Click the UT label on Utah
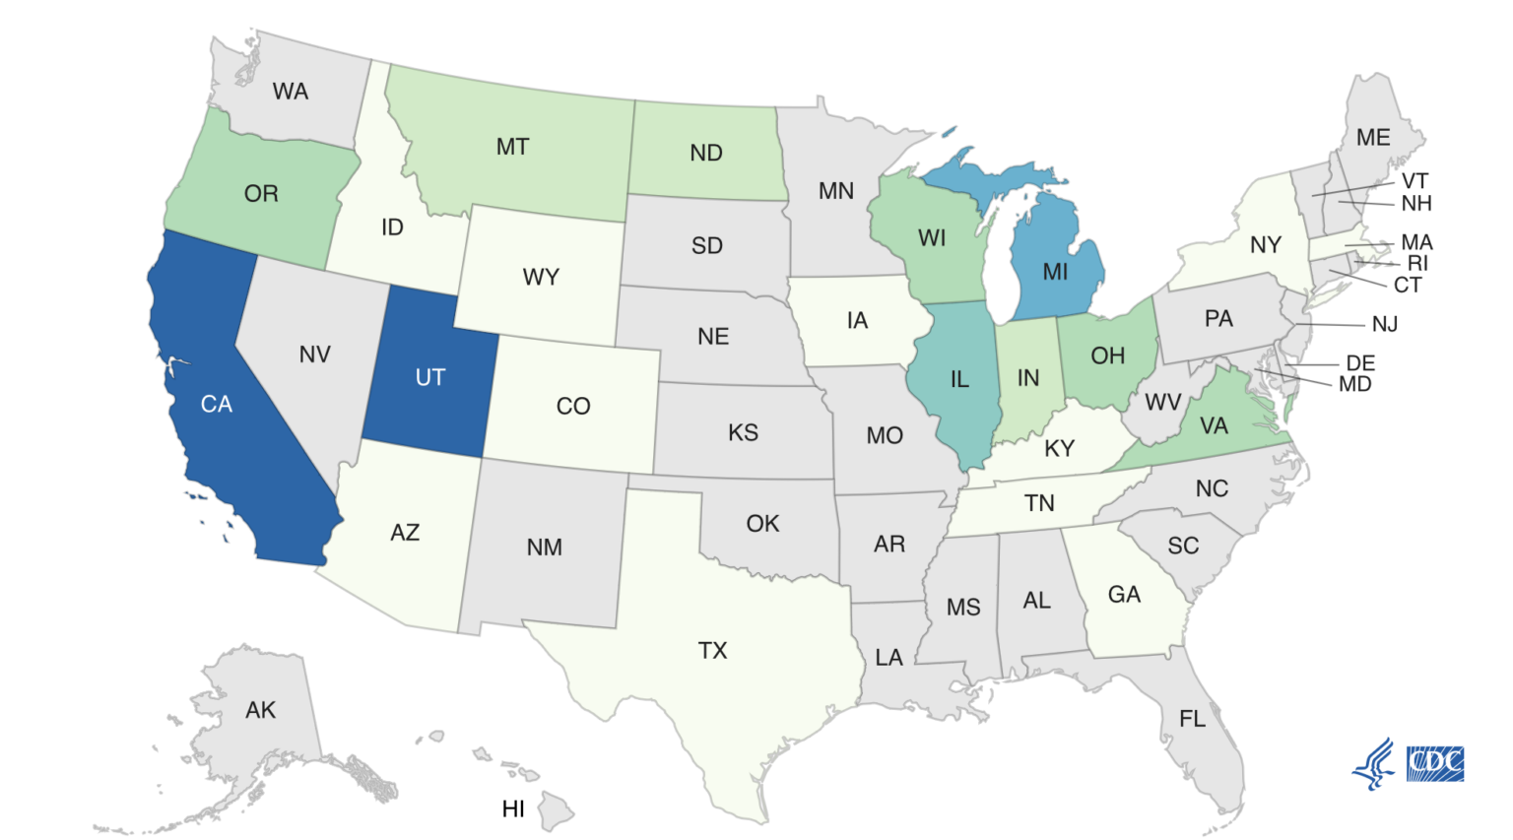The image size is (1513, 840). tap(430, 377)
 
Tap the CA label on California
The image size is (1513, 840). tap(217, 404)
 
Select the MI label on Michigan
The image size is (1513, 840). tap(1055, 272)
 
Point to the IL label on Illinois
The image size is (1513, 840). tap(959, 379)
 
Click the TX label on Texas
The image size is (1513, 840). tap(712, 650)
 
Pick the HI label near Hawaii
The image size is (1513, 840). tap(513, 808)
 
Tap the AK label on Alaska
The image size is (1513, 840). tap(261, 710)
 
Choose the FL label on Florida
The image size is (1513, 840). tap(1192, 719)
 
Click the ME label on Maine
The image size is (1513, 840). tap(1373, 138)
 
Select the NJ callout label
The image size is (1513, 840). tap(1385, 324)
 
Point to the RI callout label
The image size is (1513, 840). tap(1417, 263)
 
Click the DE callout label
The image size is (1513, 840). tap(1360, 363)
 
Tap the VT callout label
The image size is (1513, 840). tap(1414, 181)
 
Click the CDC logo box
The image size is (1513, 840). tap(1435, 763)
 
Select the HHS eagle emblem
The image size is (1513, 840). tap(1374, 763)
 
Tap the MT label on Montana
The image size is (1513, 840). tap(512, 148)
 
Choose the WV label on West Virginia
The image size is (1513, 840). tap(1162, 402)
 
